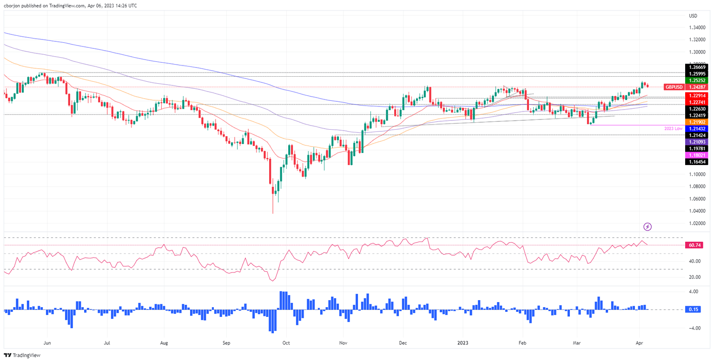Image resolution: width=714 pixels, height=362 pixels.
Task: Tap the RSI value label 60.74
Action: pyautogui.click(x=695, y=245)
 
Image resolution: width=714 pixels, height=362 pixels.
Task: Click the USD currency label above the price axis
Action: pyautogui.click(x=693, y=16)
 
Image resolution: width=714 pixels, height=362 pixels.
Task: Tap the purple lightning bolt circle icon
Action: pyautogui.click(x=648, y=227)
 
